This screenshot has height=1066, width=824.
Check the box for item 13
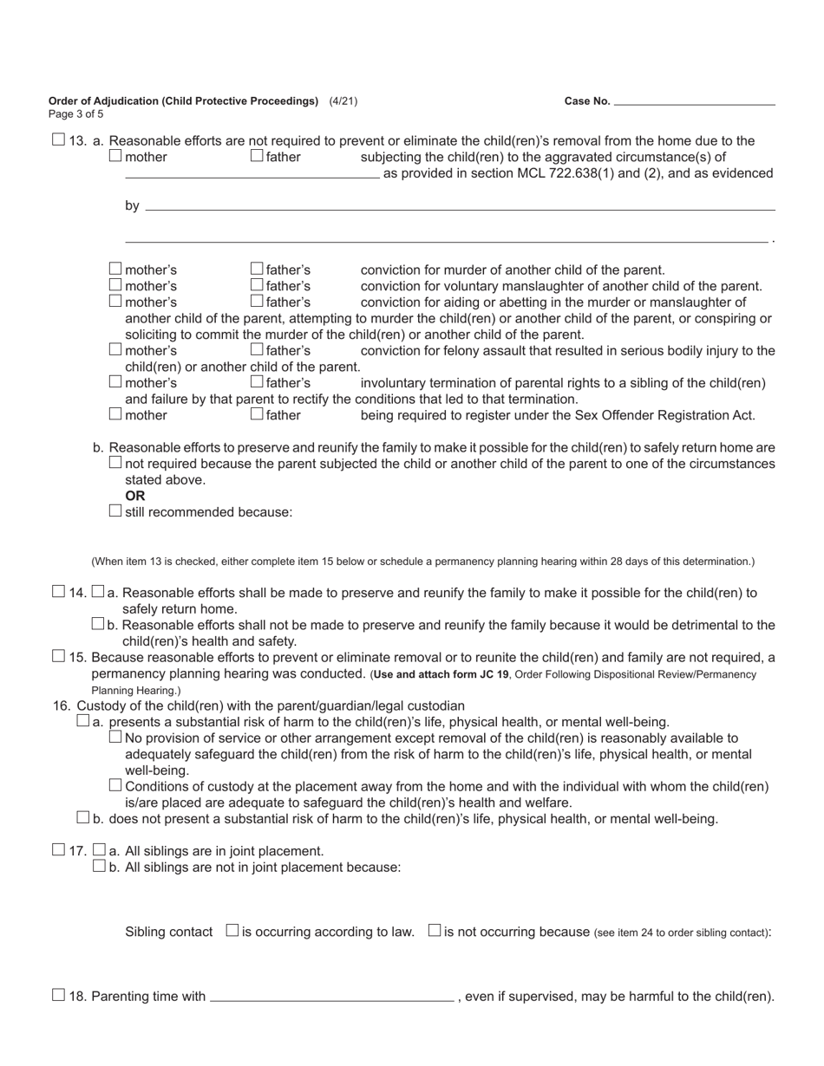click(x=58, y=140)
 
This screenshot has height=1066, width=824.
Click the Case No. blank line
click(x=694, y=101)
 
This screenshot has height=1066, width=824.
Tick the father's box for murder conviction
click(x=257, y=270)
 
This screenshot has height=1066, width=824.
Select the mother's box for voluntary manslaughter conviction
click(x=115, y=285)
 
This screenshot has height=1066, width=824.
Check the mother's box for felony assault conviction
click(x=115, y=350)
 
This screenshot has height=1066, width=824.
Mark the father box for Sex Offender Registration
click(x=257, y=414)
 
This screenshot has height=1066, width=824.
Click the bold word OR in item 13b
click(x=135, y=496)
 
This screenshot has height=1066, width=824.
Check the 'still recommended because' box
click(x=115, y=511)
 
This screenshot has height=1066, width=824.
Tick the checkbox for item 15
click(x=58, y=657)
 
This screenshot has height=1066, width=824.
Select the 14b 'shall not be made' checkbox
click(x=98, y=625)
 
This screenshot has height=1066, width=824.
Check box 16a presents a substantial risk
click(x=83, y=721)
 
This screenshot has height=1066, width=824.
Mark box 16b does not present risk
click(x=83, y=818)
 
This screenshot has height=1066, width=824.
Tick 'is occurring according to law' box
click(x=232, y=931)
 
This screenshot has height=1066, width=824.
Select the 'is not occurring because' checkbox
click(x=435, y=931)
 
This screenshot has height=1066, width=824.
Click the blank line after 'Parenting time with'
click(x=331, y=997)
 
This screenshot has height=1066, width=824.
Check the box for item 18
click(x=58, y=996)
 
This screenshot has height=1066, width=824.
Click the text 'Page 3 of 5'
click(x=76, y=114)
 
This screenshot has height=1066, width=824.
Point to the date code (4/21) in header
click(x=343, y=101)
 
